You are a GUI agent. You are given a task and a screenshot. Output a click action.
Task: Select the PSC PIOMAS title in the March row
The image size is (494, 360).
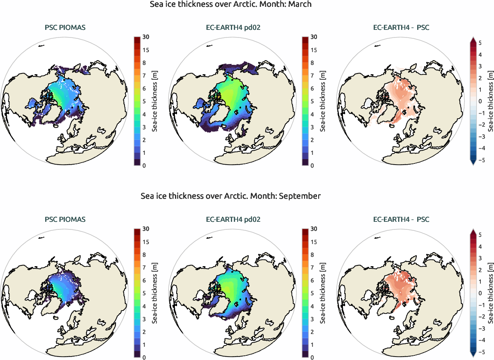pyautogui.click(x=65, y=28)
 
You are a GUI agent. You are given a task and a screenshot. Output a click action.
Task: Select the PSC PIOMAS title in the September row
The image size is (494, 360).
pyautogui.click(x=65, y=220)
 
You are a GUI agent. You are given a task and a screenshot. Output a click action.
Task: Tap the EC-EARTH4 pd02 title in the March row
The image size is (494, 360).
pyautogui.click(x=233, y=28)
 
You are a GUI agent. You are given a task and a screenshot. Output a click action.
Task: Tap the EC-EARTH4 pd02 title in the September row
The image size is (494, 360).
pyautogui.click(x=233, y=220)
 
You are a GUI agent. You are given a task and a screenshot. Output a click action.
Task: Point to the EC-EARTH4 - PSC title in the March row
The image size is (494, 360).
pyautogui.click(x=401, y=28)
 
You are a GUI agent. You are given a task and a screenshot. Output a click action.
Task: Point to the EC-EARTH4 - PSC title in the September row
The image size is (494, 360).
pyautogui.click(x=401, y=220)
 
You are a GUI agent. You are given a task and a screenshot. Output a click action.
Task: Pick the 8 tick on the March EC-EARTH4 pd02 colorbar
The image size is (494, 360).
pyautogui.click(x=314, y=63)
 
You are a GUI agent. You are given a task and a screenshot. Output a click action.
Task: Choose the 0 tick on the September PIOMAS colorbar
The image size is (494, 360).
pyautogui.click(x=144, y=357)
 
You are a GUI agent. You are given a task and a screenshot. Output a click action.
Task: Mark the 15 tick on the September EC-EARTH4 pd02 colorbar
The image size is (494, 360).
pyautogui.click(x=314, y=242)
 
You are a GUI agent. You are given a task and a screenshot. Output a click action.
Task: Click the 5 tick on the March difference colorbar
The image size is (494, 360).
pyautogui.click(x=480, y=43)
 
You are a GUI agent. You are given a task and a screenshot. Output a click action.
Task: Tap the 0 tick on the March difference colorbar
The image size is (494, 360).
pyautogui.click(x=480, y=101)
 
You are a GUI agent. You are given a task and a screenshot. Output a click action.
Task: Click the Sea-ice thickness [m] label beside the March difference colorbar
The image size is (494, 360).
pyautogui.click(x=490, y=101)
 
